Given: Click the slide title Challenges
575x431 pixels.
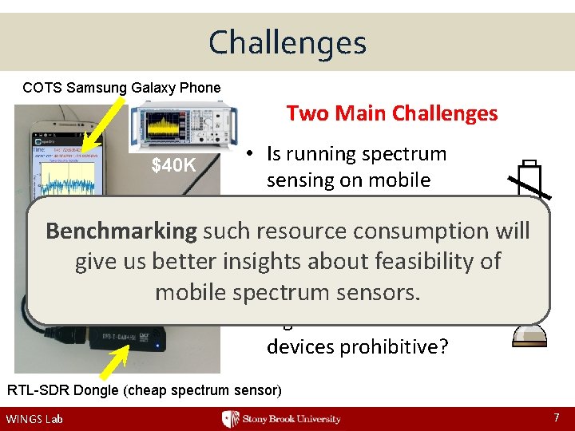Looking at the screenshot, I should (287, 42).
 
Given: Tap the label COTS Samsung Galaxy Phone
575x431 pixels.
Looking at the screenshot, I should (121, 87).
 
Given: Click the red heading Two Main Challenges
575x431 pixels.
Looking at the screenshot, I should (391, 113).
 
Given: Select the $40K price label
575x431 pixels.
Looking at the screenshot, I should (174, 166).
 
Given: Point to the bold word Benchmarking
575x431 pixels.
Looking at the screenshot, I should (121, 231).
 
